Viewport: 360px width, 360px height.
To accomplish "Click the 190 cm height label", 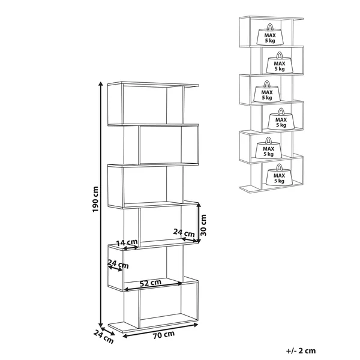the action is click(x=95, y=199).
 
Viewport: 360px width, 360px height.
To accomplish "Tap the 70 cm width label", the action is click(x=164, y=335).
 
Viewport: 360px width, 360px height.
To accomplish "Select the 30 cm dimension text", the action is click(x=203, y=225).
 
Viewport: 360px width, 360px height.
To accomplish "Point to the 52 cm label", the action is click(x=151, y=283).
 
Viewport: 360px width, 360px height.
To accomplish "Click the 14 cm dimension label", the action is click(x=127, y=242).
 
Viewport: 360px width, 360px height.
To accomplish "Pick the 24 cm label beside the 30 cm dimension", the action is click(x=184, y=233).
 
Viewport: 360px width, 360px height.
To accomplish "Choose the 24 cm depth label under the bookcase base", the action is click(x=104, y=337).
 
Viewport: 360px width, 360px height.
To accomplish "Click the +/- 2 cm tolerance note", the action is click(x=301, y=350).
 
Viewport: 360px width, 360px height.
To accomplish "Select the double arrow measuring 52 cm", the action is click(x=153, y=287).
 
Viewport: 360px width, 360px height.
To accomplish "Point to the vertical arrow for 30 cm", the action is click(x=199, y=223).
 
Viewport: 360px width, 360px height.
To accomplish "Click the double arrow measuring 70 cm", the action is click(x=160, y=331).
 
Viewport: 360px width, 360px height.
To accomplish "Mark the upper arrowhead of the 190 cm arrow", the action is click(x=101, y=83).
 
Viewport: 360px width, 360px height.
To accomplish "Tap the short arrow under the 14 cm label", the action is click(x=131, y=248).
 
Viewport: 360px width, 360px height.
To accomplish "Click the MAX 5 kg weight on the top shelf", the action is click(x=270, y=34).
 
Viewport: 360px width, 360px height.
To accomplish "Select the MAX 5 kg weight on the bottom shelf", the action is click(x=279, y=175).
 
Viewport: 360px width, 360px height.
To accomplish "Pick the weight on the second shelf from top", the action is click(x=280, y=62).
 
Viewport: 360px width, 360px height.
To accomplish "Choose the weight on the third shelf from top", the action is click(x=267, y=91).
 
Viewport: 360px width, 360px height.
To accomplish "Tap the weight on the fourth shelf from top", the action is click(x=281, y=119).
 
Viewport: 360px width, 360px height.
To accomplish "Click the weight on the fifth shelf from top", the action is click(x=268, y=148).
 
